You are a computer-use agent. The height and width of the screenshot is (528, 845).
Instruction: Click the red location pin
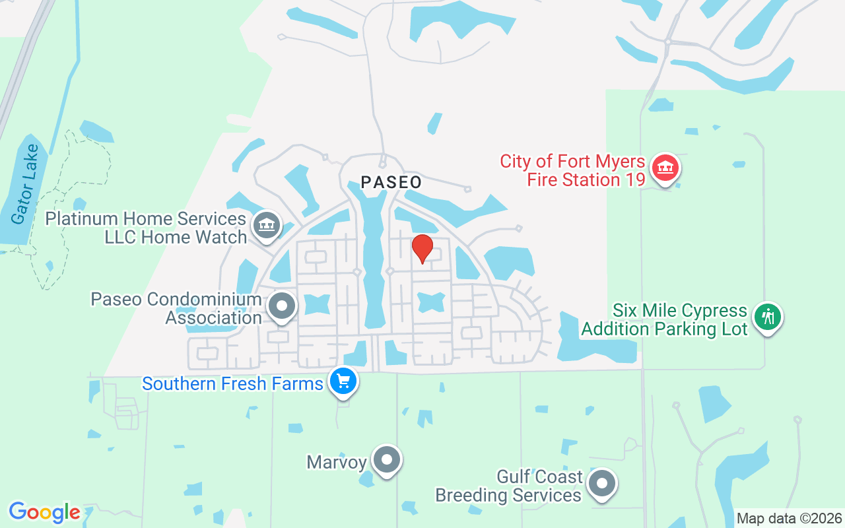(x=422, y=249)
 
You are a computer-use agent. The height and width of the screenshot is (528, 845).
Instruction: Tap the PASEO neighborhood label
(x=391, y=182)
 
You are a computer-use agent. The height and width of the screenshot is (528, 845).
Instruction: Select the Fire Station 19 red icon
(x=665, y=168)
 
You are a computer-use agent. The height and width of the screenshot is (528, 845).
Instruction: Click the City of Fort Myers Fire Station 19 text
(x=572, y=170)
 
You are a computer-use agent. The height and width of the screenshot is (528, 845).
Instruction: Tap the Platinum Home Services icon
(x=267, y=224)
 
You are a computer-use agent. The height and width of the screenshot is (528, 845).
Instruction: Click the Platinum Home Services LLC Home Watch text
(x=146, y=228)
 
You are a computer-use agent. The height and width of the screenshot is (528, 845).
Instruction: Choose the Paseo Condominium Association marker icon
(x=283, y=306)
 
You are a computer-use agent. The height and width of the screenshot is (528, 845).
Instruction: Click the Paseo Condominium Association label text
(x=176, y=309)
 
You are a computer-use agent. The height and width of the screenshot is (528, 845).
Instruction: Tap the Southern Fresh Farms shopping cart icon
(x=343, y=381)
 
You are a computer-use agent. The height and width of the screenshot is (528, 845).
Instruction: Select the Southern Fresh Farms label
(x=232, y=383)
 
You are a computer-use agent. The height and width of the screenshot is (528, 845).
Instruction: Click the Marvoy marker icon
(x=387, y=459)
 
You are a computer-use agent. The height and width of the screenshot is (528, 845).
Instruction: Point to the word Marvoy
(x=337, y=462)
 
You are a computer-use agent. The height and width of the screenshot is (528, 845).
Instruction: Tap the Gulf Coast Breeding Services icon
(x=601, y=484)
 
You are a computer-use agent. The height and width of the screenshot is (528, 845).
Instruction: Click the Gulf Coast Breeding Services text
(x=508, y=486)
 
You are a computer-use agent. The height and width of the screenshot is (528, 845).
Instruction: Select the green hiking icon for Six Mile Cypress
(x=767, y=317)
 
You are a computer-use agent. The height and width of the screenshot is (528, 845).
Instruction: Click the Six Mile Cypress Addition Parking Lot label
(x=664, y=319)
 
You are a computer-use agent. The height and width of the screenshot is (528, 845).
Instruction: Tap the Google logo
(x=44, y=512)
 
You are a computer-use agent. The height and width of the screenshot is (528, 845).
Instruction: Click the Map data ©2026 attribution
(x=790, y=519)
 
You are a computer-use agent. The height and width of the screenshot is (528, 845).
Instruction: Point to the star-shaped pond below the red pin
(x=432, y=302)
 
